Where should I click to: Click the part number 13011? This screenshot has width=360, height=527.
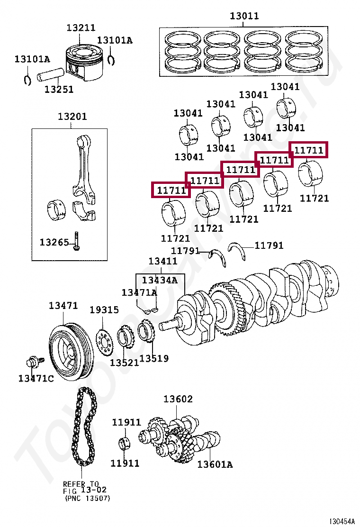point(244,16)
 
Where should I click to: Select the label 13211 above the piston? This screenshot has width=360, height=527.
point(81,28)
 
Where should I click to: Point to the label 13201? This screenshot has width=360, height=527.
point(72,117)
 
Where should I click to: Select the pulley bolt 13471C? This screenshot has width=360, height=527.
point(34,363)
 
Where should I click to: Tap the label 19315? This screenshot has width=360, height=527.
point(104,310)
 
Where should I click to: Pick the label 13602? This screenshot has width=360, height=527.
point(178,399)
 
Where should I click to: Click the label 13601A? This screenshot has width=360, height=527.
point(215,464)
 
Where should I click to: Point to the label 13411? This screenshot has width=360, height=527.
point(162,261)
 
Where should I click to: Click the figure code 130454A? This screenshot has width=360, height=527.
point(342,521)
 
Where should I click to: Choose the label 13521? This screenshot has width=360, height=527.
point(125,363)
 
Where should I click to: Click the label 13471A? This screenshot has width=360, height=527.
point(139,292)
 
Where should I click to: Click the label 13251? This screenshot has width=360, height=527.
point(59,89)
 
